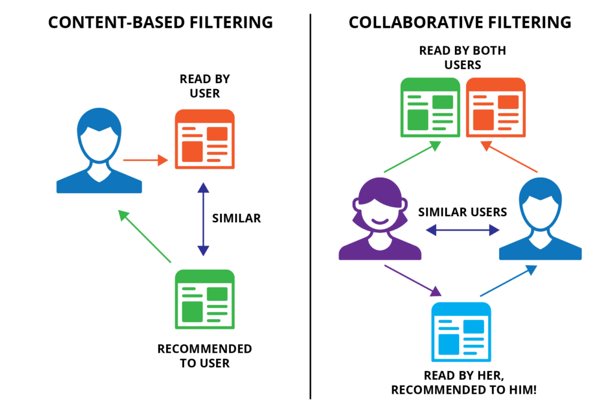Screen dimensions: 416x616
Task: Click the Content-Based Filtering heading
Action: click(161, 23)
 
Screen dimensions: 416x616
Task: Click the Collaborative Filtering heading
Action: click(460, 23)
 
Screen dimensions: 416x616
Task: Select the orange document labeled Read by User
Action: click(205, 139)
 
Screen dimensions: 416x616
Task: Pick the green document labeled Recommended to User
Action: click(205, 299)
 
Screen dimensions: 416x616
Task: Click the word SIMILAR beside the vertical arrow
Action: click(236, 218)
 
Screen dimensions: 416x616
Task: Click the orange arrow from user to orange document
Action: click(145, 160)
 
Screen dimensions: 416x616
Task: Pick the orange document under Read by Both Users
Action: click(496, 108)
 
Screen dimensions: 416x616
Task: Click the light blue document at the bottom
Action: click(461, 330)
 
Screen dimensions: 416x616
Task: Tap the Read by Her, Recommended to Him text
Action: click(463, 382)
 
